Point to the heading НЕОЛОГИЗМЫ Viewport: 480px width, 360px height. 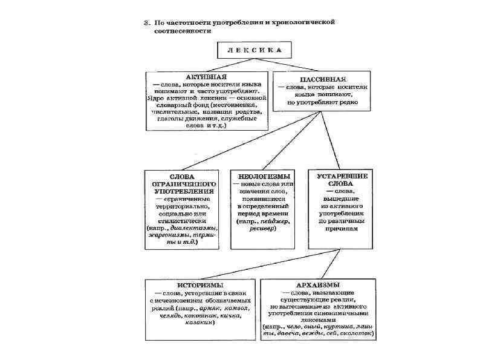(x=262, y=175)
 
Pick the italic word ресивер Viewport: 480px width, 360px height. (x=261, y=231)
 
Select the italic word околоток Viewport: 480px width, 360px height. (x=358, y=332)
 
